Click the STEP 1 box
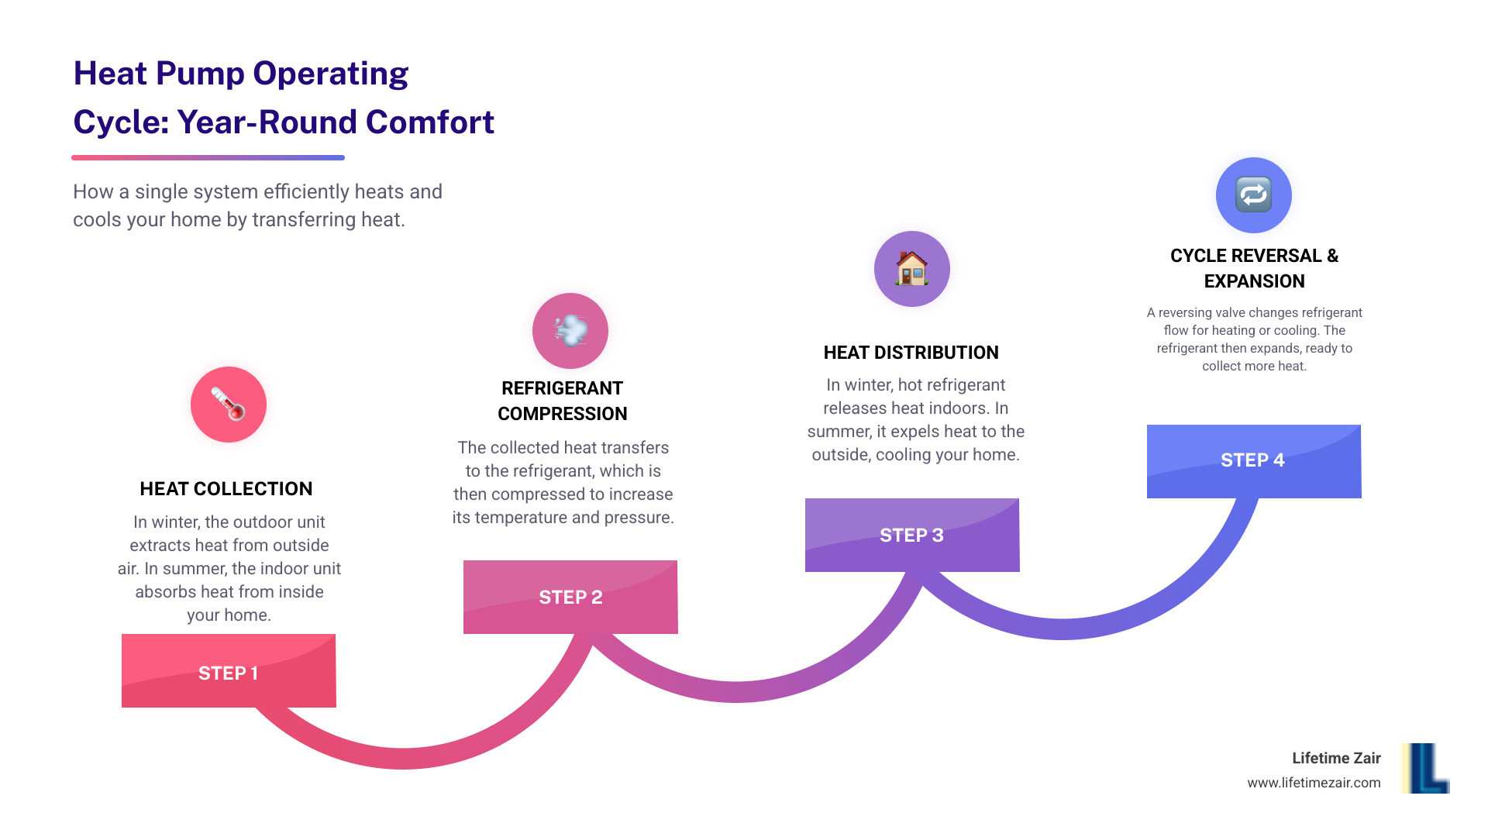click(229, 670)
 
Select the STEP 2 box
click(570, 597)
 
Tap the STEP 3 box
click(912, 535)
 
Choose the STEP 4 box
click(1254, 461)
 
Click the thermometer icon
click(229, 405)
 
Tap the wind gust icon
click(570, 331)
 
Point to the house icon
click(912, 269)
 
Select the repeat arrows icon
click(1254, 195)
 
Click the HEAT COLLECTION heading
click(226, 489)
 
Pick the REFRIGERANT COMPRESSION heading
click(563, 401)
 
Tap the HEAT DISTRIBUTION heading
click(911, 353)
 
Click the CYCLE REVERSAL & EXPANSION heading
click(1255, 268)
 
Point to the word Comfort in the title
click(430, 122)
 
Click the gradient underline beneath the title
click(208, 157)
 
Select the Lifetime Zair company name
click(1336, 758)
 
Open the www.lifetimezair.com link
click(1314, 783)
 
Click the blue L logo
click(1426, 768)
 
